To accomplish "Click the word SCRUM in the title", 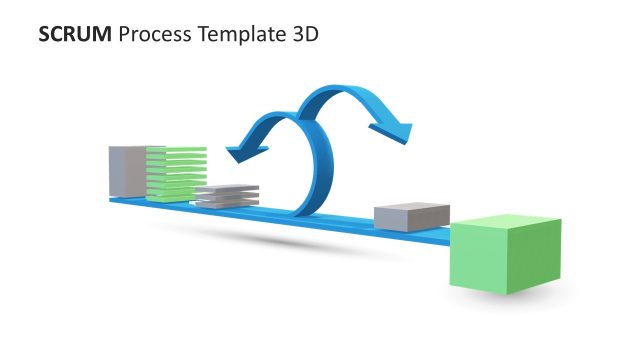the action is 75,34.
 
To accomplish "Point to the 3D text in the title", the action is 304,34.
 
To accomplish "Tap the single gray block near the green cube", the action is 411,217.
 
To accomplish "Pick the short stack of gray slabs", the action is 227,196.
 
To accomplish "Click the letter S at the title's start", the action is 43,34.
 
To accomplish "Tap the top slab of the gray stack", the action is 227,188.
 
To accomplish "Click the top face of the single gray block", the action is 411,209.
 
